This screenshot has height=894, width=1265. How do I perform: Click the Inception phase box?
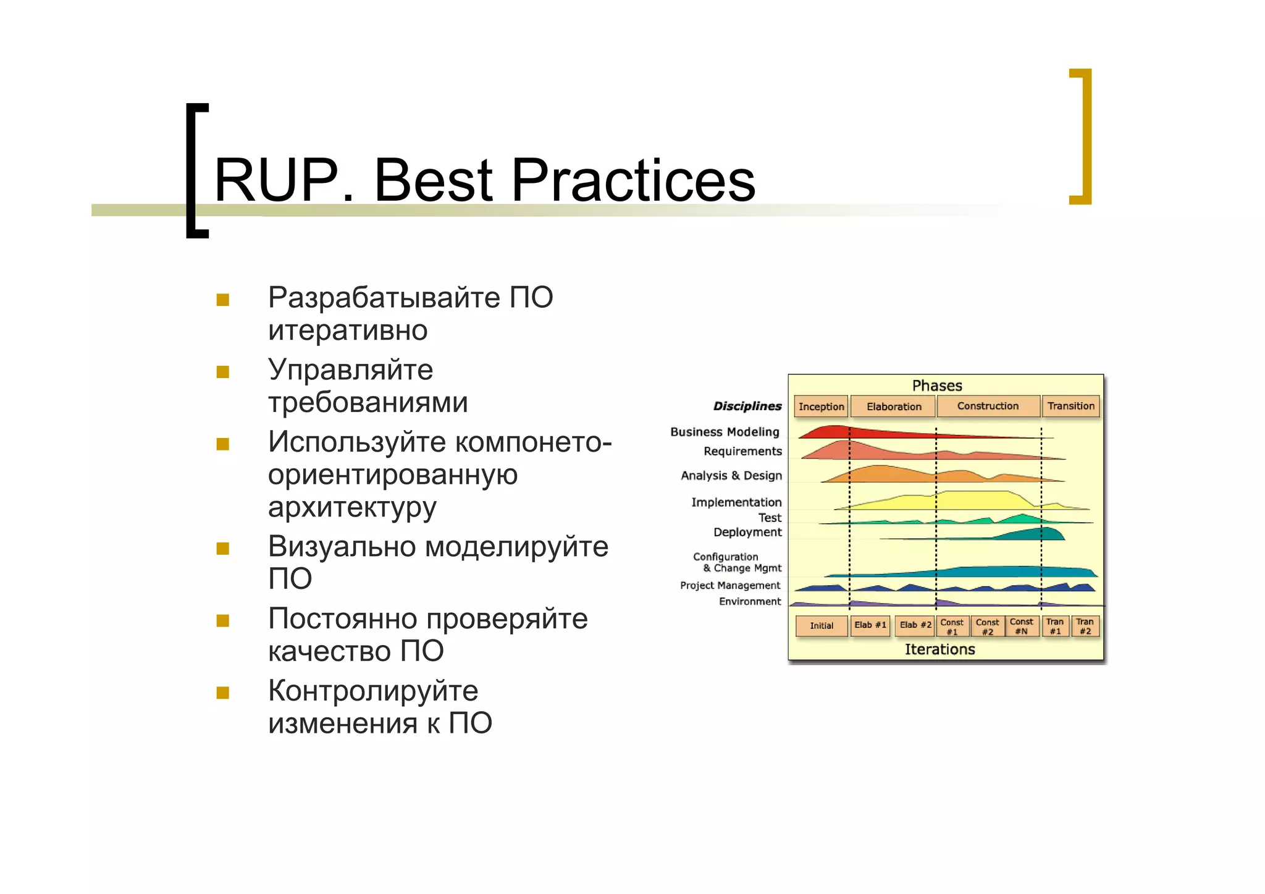coord(820,407)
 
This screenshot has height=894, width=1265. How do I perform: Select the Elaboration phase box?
coord(893,407)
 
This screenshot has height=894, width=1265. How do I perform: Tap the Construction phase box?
coord(988,407)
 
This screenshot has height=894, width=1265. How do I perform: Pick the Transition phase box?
coord(1070,407)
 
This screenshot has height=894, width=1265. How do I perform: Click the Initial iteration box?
coord(821,626)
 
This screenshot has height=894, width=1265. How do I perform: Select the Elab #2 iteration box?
coord(915,625)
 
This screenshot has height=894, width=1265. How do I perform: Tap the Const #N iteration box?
coord(1021,626)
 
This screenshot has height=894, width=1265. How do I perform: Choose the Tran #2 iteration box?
coord(1085,626)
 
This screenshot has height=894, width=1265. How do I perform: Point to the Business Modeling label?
coord(725,432)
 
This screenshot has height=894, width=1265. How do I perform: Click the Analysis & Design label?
coord(731,476)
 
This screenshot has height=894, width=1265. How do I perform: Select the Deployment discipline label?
coord(747,532)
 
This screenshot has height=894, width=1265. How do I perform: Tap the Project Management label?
coord(730,585)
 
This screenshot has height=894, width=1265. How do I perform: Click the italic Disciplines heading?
coord(747,406)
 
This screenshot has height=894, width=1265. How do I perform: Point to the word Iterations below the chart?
coord(939,649)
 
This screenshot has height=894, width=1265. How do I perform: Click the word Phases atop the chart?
coord(937,386)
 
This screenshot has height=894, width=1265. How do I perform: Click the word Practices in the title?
coord(632,180)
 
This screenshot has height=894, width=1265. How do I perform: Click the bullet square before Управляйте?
coord(223,372)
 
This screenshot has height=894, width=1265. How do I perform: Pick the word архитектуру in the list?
coord(352,508)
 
